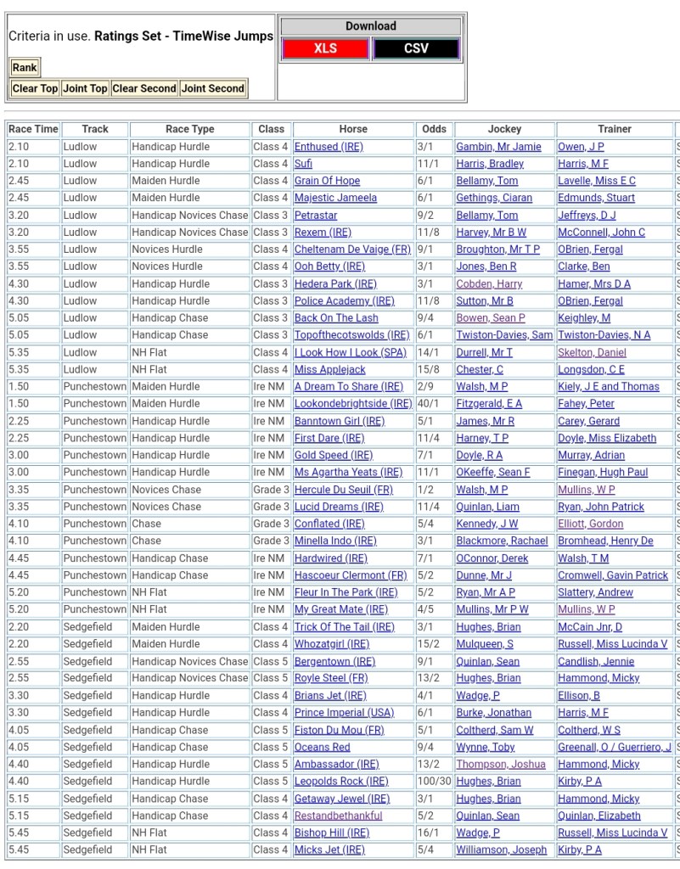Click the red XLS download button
(325, 48)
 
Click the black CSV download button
(416, 48)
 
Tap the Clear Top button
(35, 88)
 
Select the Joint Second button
(213, 88)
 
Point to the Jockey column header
(504, 129)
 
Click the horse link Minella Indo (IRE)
(335, 541)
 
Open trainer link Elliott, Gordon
(590, 524)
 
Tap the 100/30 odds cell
(433, 781)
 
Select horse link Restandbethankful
(338, 816)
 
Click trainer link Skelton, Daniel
(592, 352)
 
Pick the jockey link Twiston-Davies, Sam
(504, 335)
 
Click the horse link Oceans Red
(322, 747)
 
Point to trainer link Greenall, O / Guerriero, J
(614, 747)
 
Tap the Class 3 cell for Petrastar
(271, 216)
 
